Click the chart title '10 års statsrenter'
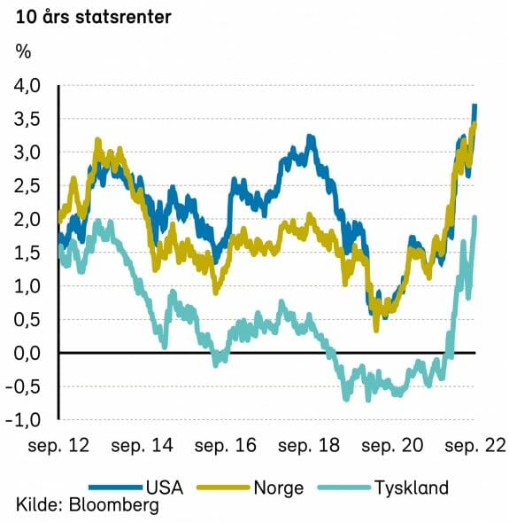click(93, 17)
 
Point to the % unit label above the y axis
click(23, 52)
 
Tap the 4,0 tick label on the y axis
click(27, 86)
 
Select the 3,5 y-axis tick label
click(27, 119)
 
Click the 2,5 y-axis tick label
click(27, 186)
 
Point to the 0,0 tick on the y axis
click(27, 353)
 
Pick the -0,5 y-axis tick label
click(23, 386)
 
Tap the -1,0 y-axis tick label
click(23, 420)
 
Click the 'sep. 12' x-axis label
click(58, 446)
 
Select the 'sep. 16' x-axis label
click(226, 446)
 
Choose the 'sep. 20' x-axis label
click(392, 446)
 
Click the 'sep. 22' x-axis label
click(475, 446)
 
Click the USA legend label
click(165, 488)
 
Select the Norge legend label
click(279, 488)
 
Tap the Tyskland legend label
click(412, 488)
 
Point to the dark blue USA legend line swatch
click(116, 488)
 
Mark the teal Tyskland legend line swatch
click(344, 488)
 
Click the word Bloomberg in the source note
click(114, 506)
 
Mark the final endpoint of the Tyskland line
click(475, 217)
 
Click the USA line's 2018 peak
click(311, 137)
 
